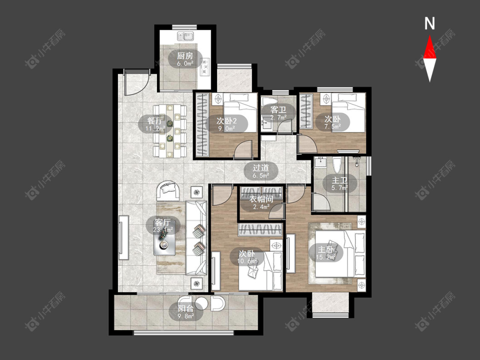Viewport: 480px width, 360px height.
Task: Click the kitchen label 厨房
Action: pos(185,56)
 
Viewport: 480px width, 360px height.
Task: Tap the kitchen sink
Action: pos(185,37)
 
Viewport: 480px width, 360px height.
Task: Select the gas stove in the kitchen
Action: pos(204,67)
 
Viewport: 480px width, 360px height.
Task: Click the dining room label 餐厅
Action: pos(155,120)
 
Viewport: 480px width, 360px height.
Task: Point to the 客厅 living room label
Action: pos(163,222)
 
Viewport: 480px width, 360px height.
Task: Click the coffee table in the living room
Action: pos(165,242)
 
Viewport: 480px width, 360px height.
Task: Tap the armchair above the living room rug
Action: pos(168,191)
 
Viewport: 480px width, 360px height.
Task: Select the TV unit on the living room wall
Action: pos(124,238)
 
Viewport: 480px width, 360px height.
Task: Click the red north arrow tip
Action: pos(430,35)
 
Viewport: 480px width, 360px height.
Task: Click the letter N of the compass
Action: pos(430,23)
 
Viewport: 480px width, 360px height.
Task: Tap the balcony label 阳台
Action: pos(186,308)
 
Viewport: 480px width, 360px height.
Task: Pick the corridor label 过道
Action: pos(261,168)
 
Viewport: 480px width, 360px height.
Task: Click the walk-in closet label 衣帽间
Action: pos(261,199)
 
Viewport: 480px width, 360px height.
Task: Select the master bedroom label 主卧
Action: pos(326,250)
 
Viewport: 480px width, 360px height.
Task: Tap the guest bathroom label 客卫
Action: pos(278,110)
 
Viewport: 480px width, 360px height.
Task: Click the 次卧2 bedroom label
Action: pos(227,120)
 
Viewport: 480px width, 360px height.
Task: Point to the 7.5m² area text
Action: pos(333,126)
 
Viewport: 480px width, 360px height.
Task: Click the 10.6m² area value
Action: pos(247,261)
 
